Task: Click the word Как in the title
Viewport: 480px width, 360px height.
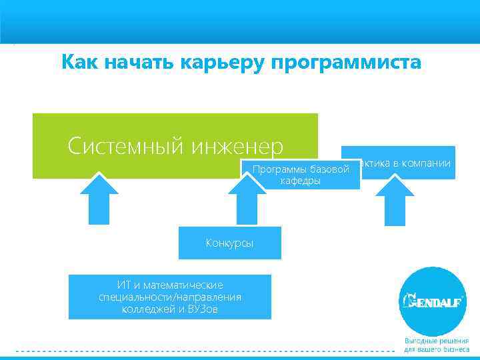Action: [79, 63]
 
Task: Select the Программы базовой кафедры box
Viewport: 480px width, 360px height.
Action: [301, 175]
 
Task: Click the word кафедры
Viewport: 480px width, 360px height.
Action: [300, 181]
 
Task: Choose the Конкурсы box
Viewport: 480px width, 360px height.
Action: [229, 243]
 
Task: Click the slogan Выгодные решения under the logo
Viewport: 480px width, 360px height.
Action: [437, 341]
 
